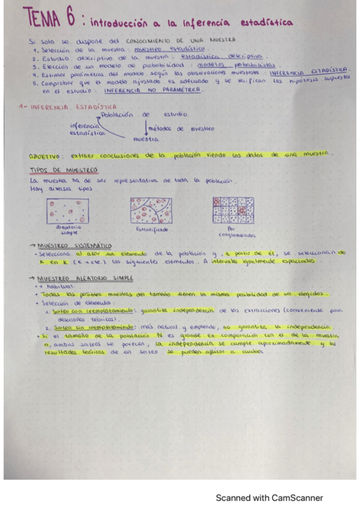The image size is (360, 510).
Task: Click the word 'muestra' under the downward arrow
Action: (145, 139)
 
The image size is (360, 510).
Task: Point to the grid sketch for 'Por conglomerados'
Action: (233, 210)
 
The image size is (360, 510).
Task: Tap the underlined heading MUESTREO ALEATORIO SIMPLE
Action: (84, 279)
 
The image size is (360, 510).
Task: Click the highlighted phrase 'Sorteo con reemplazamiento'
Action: (88, 311)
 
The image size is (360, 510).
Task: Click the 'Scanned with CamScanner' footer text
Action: (269, 498)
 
